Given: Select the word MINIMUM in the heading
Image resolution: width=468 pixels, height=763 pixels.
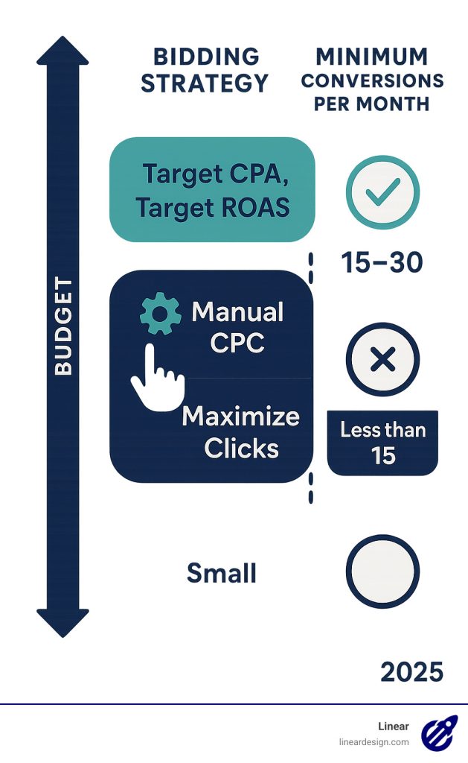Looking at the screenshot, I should (372, 56).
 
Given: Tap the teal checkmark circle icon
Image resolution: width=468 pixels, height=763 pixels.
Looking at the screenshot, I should (382, 191).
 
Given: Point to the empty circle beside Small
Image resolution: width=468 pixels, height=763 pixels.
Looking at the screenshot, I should (382, 572).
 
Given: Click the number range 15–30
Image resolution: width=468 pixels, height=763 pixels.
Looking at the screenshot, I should (382, 262).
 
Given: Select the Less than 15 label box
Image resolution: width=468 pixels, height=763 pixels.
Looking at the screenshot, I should (382, 443).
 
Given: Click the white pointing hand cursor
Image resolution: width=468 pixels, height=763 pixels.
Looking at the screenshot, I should (156, 377).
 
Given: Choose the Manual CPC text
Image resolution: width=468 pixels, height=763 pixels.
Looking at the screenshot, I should (237, 327).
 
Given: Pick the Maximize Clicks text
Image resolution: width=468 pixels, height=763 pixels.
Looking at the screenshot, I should (241, 432).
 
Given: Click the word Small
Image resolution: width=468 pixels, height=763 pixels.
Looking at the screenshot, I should (221, 573).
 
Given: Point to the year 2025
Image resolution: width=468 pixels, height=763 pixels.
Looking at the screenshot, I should (411, 672).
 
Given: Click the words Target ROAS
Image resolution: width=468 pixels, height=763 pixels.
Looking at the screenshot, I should (212, 207).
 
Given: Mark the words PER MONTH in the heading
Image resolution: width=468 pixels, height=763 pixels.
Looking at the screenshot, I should (371, 103).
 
